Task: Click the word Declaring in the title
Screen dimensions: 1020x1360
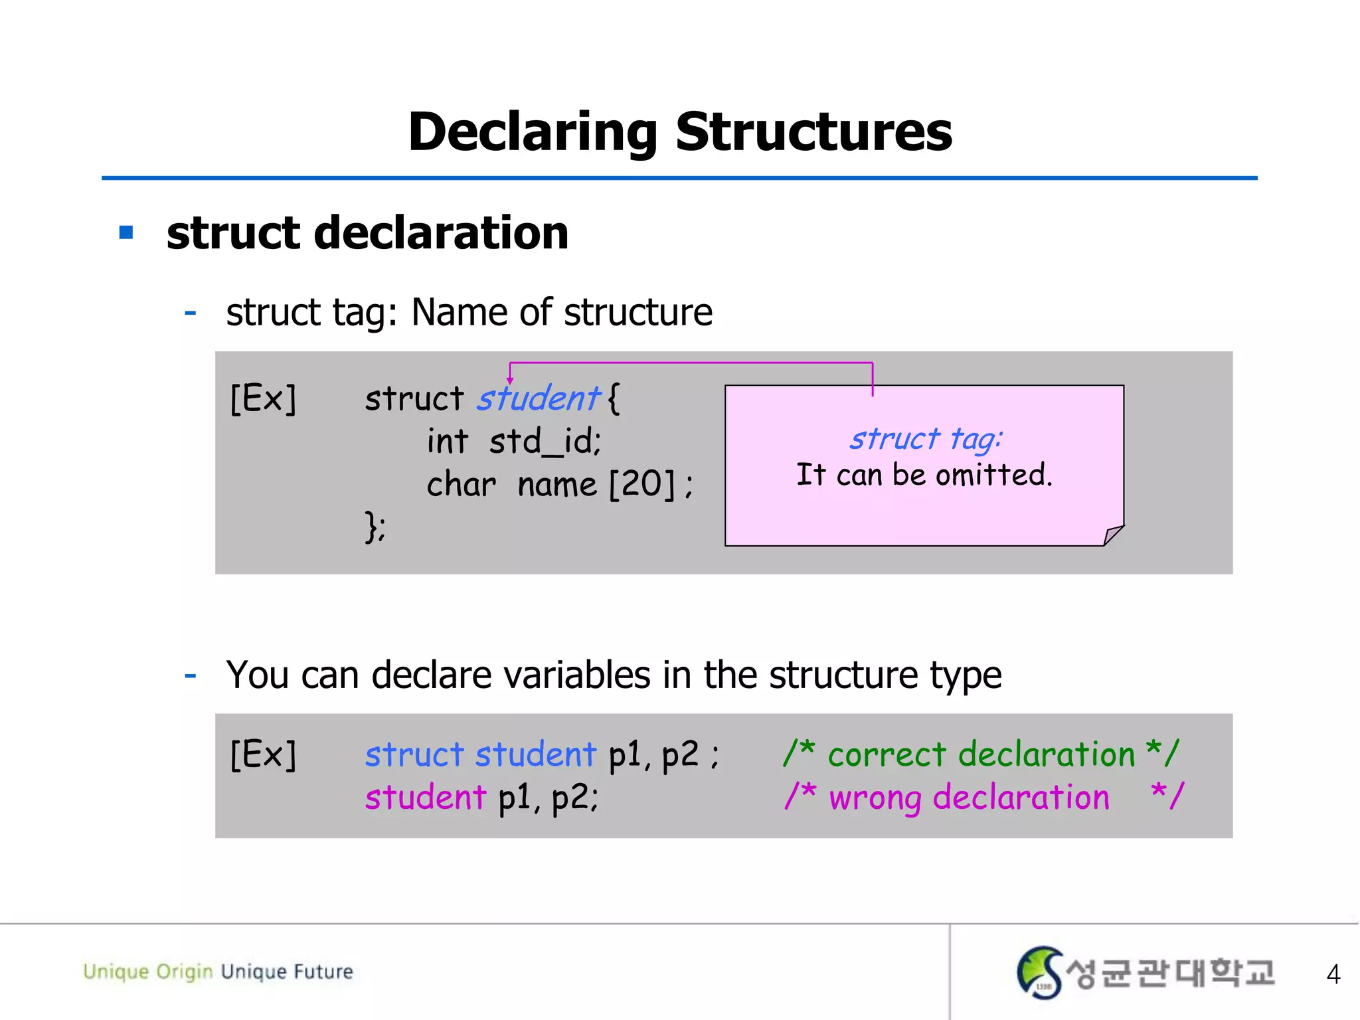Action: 532,133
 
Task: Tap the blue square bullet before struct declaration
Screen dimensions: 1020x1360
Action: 126,232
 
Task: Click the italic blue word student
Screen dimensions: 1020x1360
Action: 539,398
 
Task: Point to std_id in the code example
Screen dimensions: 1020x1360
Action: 545,442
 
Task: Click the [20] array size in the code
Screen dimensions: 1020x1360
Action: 641,483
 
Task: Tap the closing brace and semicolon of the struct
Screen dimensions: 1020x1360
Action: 375,527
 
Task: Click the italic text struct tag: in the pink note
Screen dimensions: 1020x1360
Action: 926,439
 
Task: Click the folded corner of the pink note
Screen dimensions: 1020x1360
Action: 1112,535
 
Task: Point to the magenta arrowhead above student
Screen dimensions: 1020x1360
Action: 510,381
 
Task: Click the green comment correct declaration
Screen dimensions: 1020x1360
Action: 981,754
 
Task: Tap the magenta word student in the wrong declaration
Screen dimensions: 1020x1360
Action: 426,797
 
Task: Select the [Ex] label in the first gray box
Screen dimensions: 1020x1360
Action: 263,398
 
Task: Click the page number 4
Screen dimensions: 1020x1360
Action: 1333,974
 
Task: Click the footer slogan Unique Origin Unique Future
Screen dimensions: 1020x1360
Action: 218,972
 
